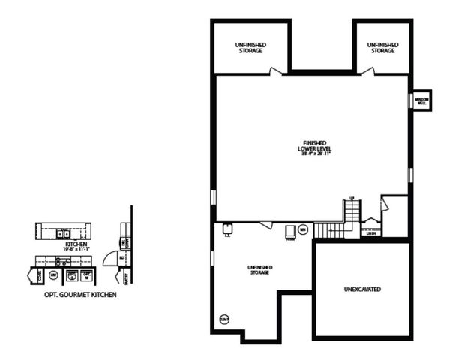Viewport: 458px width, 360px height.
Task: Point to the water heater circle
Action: [x=303, y=229]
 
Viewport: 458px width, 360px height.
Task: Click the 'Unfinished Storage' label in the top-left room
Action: [x=250, y=48]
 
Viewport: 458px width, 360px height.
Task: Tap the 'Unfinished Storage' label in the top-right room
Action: [x=382, y=48]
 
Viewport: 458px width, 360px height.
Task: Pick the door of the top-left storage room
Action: [x=276, y=71]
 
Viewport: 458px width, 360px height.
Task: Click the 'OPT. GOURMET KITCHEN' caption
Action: [x=75, y=295]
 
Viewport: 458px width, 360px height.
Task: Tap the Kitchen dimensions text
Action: [x=77, y=249]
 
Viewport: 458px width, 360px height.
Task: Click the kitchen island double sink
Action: [x=61, y=233]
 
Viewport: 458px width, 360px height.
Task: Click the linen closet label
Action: [x=370, y=233]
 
